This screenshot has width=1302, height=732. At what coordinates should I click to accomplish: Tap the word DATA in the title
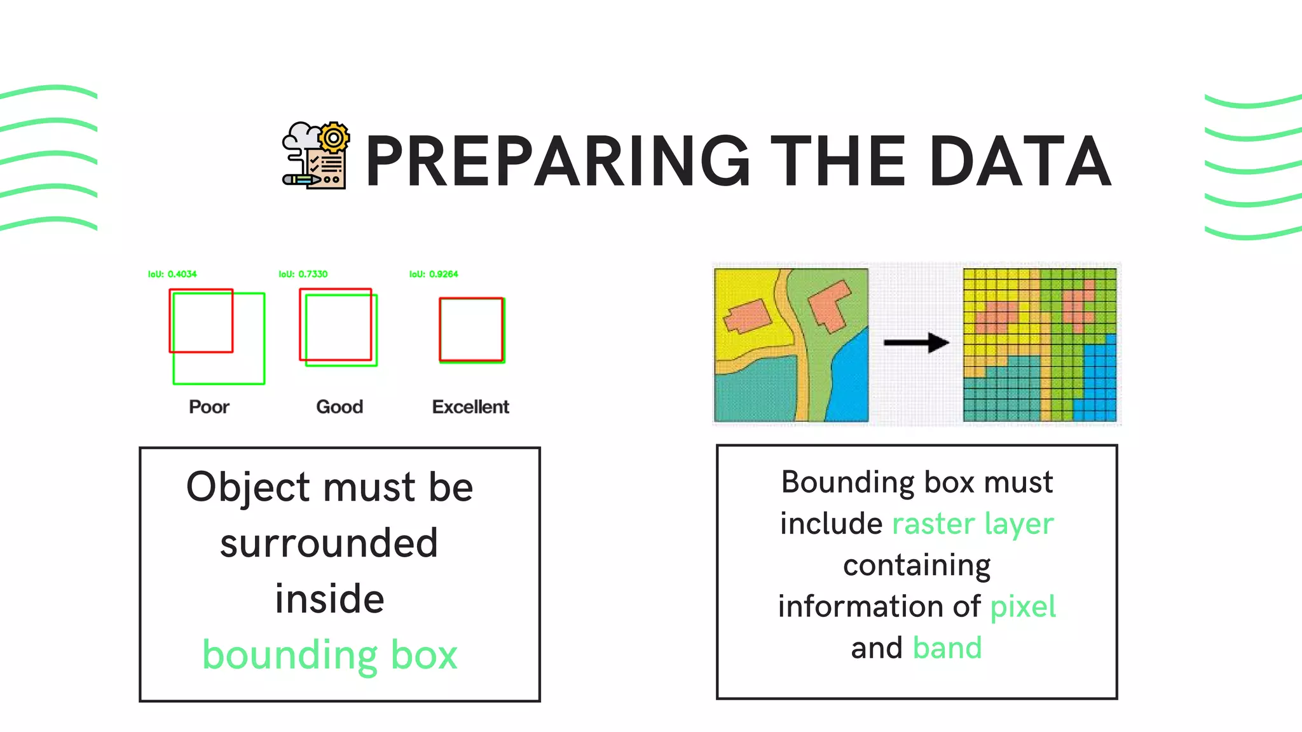pos(1020,162)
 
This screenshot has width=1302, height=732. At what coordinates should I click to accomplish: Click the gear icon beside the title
pos(334,138)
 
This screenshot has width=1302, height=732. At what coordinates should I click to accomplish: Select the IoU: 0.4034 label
pos(172,274)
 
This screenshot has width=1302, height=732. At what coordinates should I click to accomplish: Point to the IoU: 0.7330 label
pos(303,274)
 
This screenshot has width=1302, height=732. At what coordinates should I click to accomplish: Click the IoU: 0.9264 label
pos(434,274)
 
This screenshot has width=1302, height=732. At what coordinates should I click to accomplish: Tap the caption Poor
pos(209,407)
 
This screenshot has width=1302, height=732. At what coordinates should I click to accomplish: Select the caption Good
pos(339,407)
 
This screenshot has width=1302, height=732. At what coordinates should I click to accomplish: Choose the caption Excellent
pos(470,407)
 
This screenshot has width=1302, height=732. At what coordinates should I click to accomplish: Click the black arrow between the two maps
pos(916,342)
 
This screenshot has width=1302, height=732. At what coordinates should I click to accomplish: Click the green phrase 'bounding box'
pos(330,655)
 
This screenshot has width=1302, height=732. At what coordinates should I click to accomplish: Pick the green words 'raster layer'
pos(973,524)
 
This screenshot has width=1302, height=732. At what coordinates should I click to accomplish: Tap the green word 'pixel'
pos(1023,607)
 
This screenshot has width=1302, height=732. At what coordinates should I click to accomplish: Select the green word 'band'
pos(947,648)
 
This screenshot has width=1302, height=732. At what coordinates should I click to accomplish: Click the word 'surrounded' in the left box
pos(329,543)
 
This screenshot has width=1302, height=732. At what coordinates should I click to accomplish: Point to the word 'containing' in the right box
pos(917,566)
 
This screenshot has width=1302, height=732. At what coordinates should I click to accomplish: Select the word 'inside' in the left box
pos(329,599)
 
